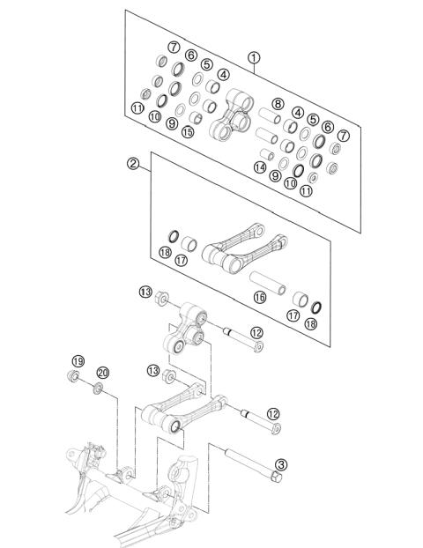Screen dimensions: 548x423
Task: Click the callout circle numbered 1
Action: click(255, 59)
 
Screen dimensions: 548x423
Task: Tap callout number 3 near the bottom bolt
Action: click(281, 464)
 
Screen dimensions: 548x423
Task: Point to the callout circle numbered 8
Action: click(277, 104)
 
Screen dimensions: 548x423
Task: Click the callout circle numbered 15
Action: click(187, 132)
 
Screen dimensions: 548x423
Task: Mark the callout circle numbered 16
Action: click(260, 298)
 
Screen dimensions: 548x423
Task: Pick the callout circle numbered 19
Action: click(78, 361)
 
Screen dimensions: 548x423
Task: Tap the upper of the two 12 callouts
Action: click(256, 332)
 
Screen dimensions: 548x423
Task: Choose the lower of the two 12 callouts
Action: click(274, 414)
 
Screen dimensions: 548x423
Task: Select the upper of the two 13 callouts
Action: click(145, 292)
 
